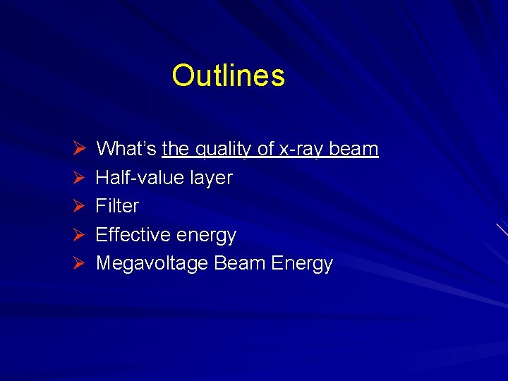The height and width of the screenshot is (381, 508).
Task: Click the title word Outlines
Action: pyautogui.click(x=228, y=75)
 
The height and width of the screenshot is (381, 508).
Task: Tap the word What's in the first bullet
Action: pyautogui.click(x=126, y=149)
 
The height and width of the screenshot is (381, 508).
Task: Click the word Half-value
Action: pyautogui.click(x=140, y=178)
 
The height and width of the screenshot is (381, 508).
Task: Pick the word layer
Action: pyautogui.click(x=210, y=179)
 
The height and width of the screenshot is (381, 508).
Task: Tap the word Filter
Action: pyautogui.click(x=117, y=206)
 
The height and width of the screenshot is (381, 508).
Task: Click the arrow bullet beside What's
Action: pyautogui.click(x=80, y=149)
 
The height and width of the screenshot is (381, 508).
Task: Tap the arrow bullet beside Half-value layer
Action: pyautogui.click(x=80, y=178)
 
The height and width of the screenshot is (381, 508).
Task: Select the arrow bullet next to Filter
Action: pyautogui.click(x=80, y=206)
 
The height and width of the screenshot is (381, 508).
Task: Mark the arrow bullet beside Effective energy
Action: pyautogui.click(x=80, y=234)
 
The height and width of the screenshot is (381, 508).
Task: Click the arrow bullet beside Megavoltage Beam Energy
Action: pyautogui.click(x=80, y=263)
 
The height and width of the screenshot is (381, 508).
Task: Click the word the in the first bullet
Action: pyautogui.click(x=176, y=149)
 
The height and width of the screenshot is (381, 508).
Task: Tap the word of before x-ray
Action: pyautogui.click(x=265, y=149)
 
